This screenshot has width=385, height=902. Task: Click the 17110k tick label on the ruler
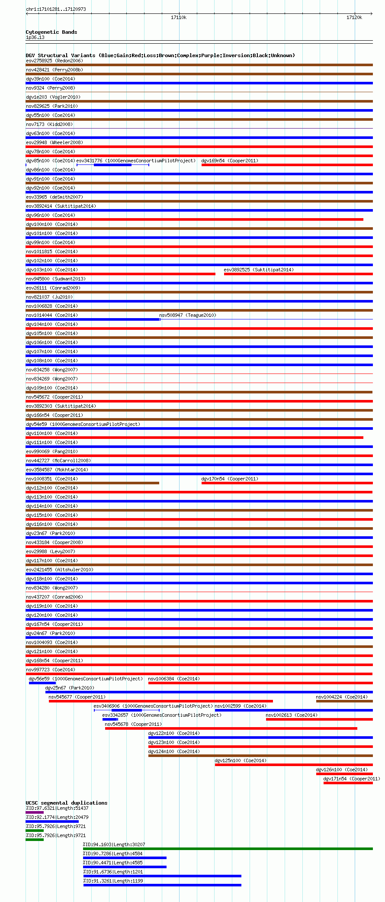click(x=179, y=17)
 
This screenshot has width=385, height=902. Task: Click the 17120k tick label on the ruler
click(x=354, y=17)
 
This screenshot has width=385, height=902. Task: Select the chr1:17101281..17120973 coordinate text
click(x=56, y=9)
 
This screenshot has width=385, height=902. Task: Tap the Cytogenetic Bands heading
click(x=51, y=32)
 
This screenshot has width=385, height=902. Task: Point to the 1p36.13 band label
click(x=35, y=37)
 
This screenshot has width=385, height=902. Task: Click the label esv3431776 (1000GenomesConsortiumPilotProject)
click(x=136, y=161)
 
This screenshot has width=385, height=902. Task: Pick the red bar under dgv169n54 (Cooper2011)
click(x=287, y=165)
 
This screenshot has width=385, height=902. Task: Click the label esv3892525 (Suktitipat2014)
click(x=258, y=270)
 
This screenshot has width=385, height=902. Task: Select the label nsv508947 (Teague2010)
click(x=188, y=315)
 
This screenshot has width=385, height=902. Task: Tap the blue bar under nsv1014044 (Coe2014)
click(x=93, y=319)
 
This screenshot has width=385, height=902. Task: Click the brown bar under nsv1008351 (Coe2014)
click(x=93, y=483)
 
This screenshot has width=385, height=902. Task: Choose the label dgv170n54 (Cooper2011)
click(x=229, y=479)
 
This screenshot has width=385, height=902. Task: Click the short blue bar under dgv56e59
click(x=42, y=683)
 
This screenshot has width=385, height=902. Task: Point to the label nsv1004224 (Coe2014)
click(x=341, y=697)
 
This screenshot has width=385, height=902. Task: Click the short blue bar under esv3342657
click(x=110, y=719)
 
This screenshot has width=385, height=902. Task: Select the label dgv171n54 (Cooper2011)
click(x=351, y=779)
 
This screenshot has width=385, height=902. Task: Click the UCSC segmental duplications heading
click(x=66, y=803)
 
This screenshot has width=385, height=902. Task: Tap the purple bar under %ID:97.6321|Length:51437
click(x=35, y=812)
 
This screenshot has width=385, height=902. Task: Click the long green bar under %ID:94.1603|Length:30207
click(x=228, y=849)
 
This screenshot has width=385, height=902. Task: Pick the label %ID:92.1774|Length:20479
click(x=57, y=817)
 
